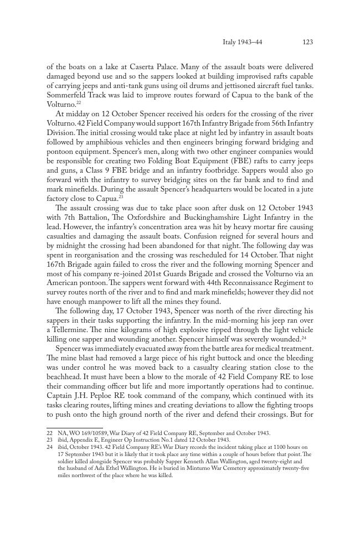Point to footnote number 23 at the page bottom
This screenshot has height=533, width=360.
[49, 440]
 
